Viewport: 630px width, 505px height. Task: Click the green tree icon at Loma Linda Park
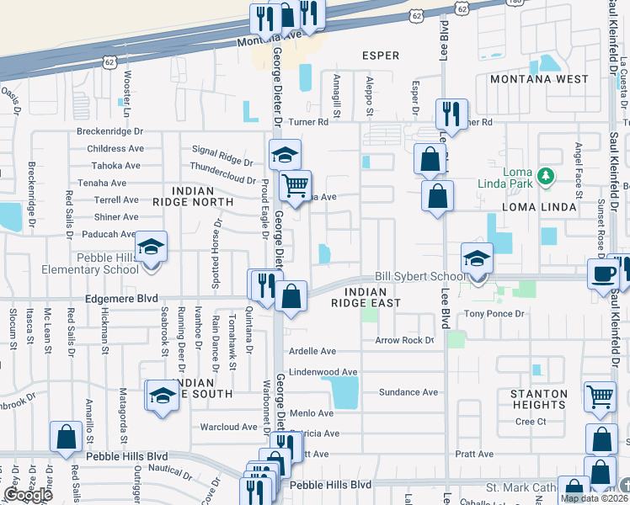(x=547, y=175)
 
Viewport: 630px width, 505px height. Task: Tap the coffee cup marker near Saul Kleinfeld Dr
(x=603, y=274)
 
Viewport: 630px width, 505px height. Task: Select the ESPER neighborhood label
(x=380, y=56)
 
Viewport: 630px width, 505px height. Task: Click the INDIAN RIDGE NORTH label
(x=193, y=195)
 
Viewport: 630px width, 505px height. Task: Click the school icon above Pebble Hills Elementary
(x=152, y=247)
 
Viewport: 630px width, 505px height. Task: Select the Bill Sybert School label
(x=419, y=277)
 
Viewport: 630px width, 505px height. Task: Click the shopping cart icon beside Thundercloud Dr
(x=295, y=184)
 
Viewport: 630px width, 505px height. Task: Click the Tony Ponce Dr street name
(x=494, y=314)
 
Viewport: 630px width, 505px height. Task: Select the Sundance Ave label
(x=408, y=392)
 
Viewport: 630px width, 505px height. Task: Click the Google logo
(x=29, y=495)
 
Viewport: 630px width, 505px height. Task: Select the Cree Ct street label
(x=531, y=422)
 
